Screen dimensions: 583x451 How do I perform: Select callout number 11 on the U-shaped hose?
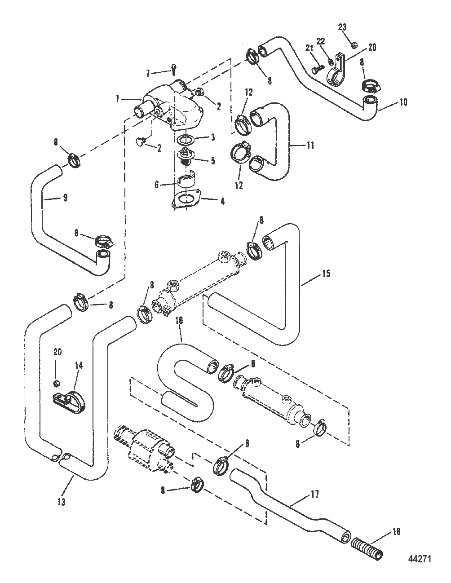(x=310, y=145)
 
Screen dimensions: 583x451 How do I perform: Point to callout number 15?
(x=326, y=273)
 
